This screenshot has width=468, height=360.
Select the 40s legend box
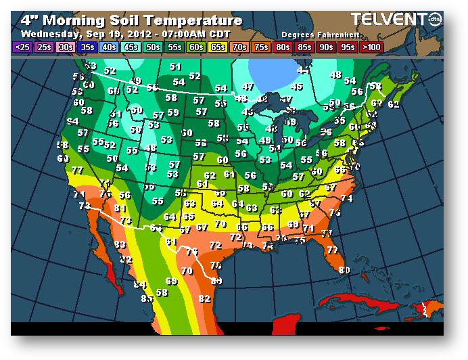[109, 47]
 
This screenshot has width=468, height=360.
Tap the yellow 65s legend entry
[218, 47]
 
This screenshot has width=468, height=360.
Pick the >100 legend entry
[370, 47]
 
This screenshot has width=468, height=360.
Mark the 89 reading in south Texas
[216, 280]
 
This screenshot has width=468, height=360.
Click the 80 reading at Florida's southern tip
[344, 270]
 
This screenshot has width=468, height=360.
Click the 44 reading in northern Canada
[304, 70]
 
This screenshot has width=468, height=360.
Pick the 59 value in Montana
[173, 112]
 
